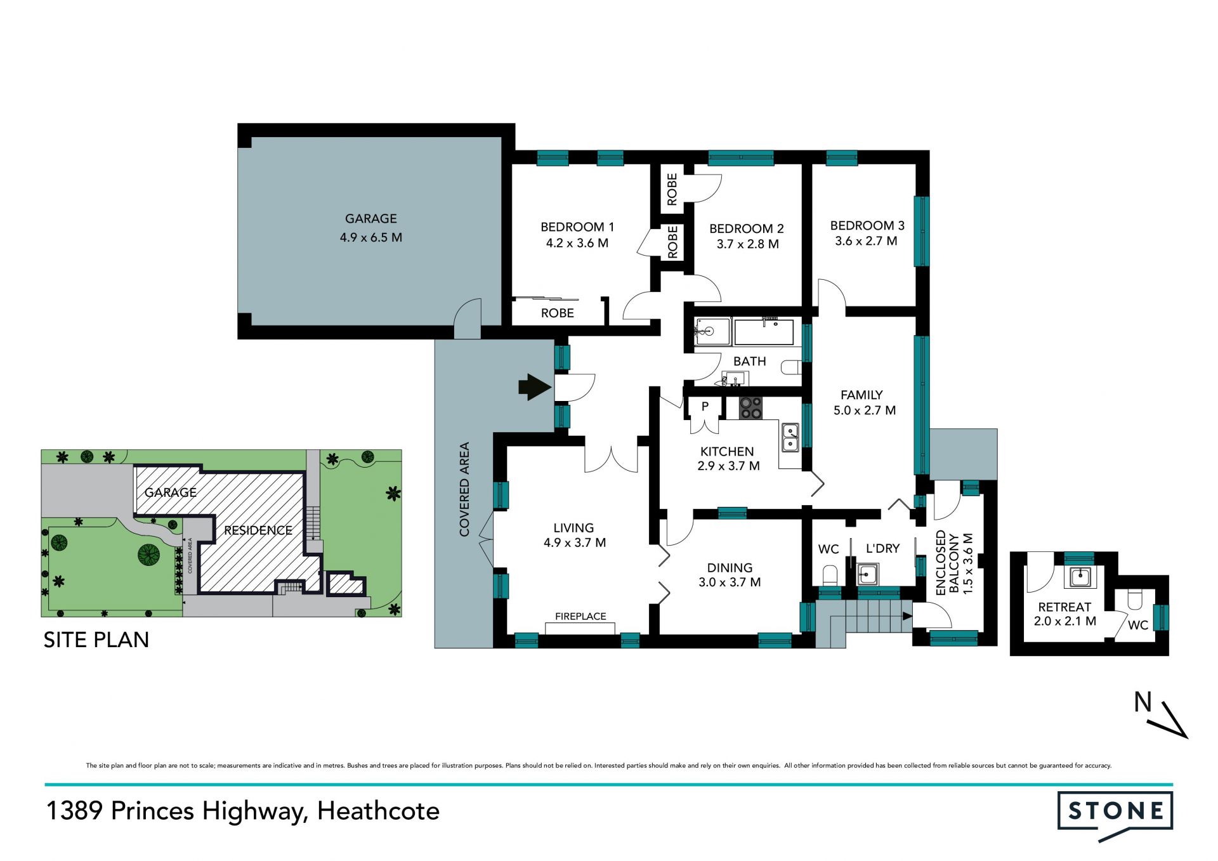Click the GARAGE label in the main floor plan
click(x=371, y=219)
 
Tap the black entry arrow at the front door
click(x=535, y=386)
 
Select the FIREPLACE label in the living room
click(x=580, y=616)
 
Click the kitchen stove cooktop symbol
click(x=751, y=408)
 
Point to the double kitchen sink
click(x=790, y=437)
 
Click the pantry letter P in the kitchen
click(x=705, y=407)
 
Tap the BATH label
click(x=750, y=361)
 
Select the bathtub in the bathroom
click(x=764, y=332)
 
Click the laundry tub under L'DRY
click(x=867, y=574)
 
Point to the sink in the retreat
click(x=1079, y=577)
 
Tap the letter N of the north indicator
click(x=1143, y=702)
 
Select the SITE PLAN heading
click(x=96, y=640)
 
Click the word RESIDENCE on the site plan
click(x=258, y=530)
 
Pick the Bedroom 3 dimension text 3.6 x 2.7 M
click(x=866, y=241)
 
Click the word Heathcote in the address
click(x=379, y=811)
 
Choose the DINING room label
click(x=730, y=568)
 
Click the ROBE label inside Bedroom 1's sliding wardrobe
click(x=558, y=313)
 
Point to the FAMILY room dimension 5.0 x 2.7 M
click(x=865, y=411)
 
